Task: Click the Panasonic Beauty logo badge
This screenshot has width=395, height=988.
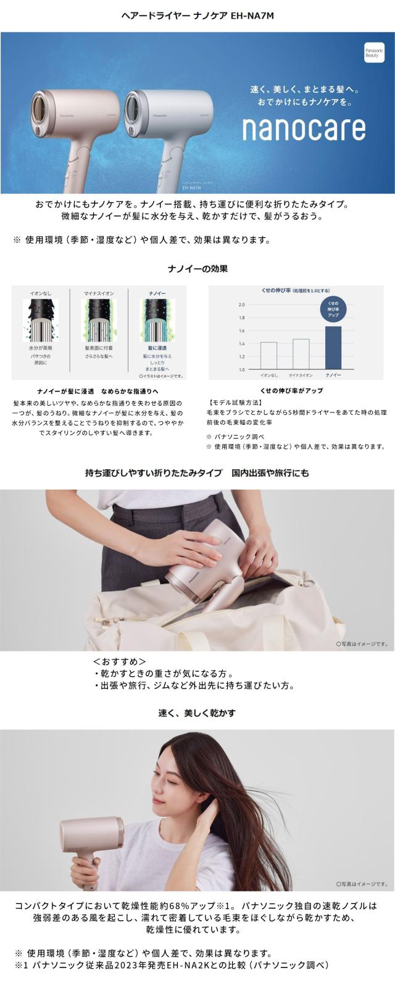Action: tap(374, 51)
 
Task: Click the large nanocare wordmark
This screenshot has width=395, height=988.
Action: tap(303, 128)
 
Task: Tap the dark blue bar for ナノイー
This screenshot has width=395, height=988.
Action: tap(333, 347)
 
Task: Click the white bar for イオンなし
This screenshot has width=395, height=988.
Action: tap(268, 355)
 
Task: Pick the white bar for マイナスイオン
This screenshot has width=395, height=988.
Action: tap(301, 353)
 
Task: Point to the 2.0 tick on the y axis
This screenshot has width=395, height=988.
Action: tap(242, 305)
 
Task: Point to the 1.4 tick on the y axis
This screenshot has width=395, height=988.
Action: tap(242, 343)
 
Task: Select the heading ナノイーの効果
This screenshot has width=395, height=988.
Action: tap(197, 269)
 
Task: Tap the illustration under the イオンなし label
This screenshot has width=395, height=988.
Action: tap(40, 320)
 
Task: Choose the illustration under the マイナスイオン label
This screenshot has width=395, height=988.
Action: tap(99, 320)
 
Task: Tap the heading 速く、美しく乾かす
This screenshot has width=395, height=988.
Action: tap(197, 713)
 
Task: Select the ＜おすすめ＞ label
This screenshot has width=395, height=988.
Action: tap(119, 661)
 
